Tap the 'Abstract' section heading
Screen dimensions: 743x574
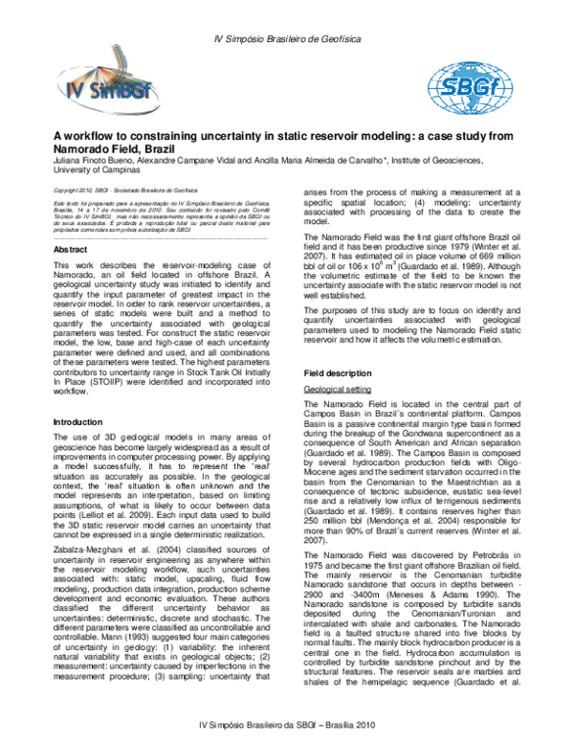coord(72,250)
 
